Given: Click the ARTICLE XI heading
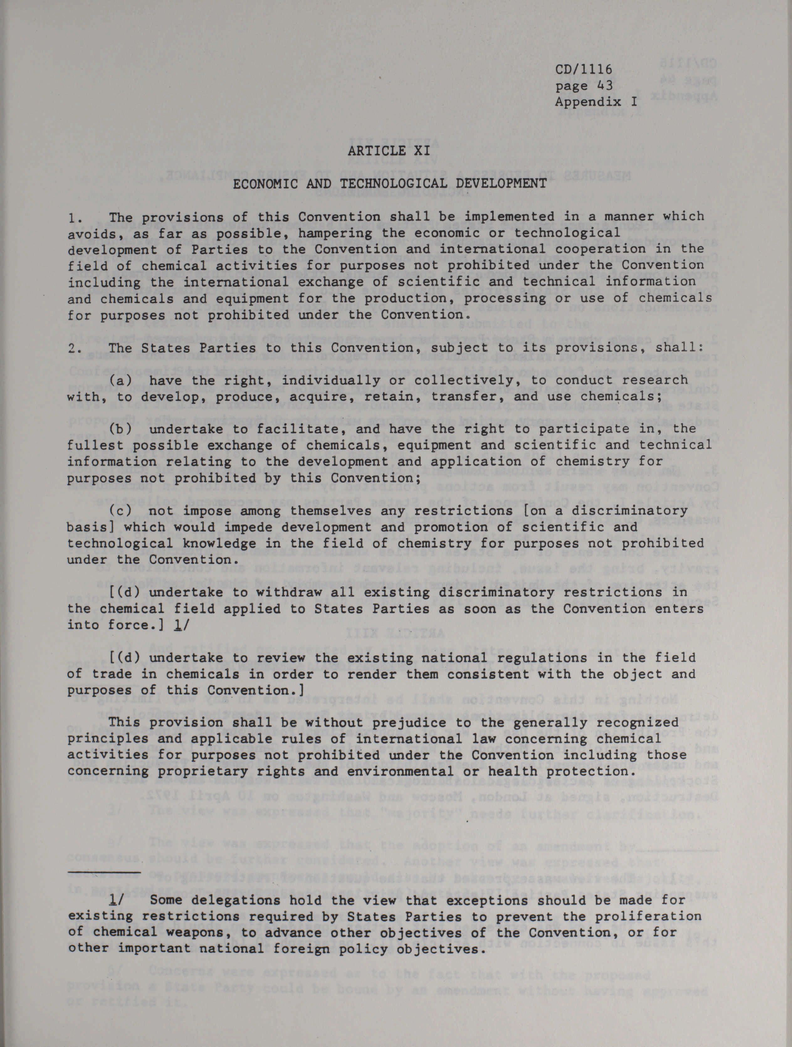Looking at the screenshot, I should click(x=389, y=151).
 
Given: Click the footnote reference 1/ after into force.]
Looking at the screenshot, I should click(x=180, y=625).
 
